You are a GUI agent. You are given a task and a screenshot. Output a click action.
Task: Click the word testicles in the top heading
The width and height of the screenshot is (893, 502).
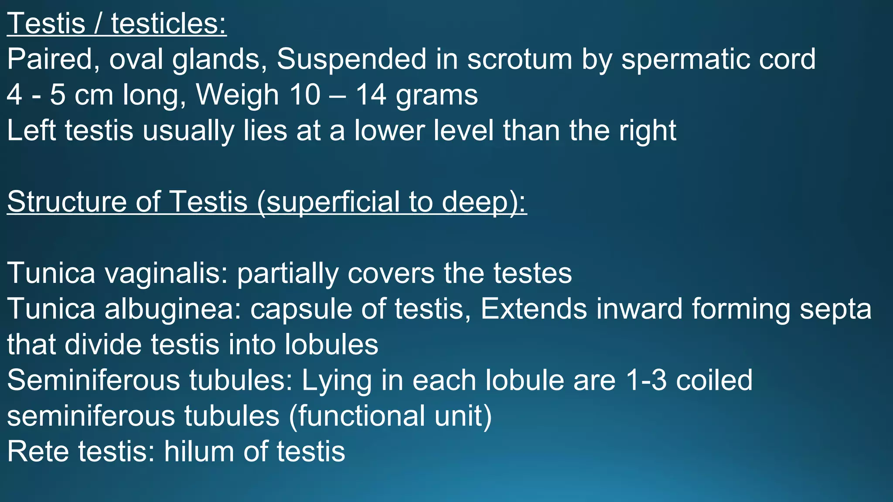[169, 24]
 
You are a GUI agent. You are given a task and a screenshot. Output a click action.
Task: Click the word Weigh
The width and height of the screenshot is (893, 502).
[237, 95]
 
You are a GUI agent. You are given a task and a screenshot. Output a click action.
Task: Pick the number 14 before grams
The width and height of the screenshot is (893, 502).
[371, 95]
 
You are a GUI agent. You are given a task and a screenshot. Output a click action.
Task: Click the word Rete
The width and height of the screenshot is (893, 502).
[38, 451]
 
